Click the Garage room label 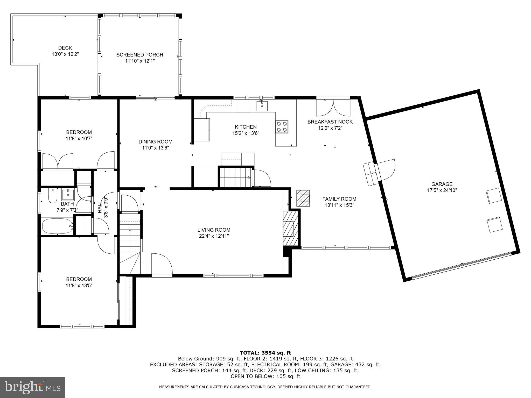pyautogui.click(x=442, y=184)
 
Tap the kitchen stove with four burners pyautogui.click(x=282, y=127)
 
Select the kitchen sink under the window pyautogui.click(x=262, y=106)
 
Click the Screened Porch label pyautogui.click(x=140, y=55)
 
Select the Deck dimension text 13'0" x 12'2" pyautogui.click(x=65, y=54)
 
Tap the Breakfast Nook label pyautogui.click(x=330, y=122)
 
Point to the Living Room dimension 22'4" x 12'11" pyautogui.click(x=214, y=236)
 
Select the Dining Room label pyautogui.click(x=155, y=142)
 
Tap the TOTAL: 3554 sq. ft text pyautogui.click(x=265, y=353)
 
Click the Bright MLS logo pyautogui.click(x=32, y=387)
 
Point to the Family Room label pyautogui.click(x=339, y=199)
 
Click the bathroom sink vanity pyautogui.click(x=68, y=195)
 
